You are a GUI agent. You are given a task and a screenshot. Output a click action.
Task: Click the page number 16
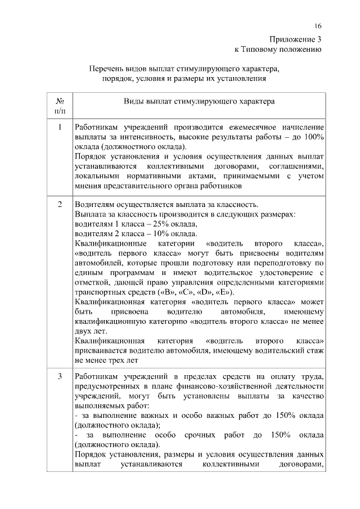[x=318, y=27]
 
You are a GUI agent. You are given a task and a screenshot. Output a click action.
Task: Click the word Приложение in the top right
[x=292, y=39]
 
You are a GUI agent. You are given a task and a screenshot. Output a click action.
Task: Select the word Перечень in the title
[x=107, y=69]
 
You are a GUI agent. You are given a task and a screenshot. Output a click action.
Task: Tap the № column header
[x=60, y=102]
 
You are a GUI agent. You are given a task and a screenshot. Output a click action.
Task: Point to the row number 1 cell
[x=60, y=127]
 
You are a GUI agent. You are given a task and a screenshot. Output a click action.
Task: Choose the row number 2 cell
[x=60, y=204]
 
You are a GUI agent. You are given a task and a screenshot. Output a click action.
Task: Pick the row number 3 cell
[x=60, y=376]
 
